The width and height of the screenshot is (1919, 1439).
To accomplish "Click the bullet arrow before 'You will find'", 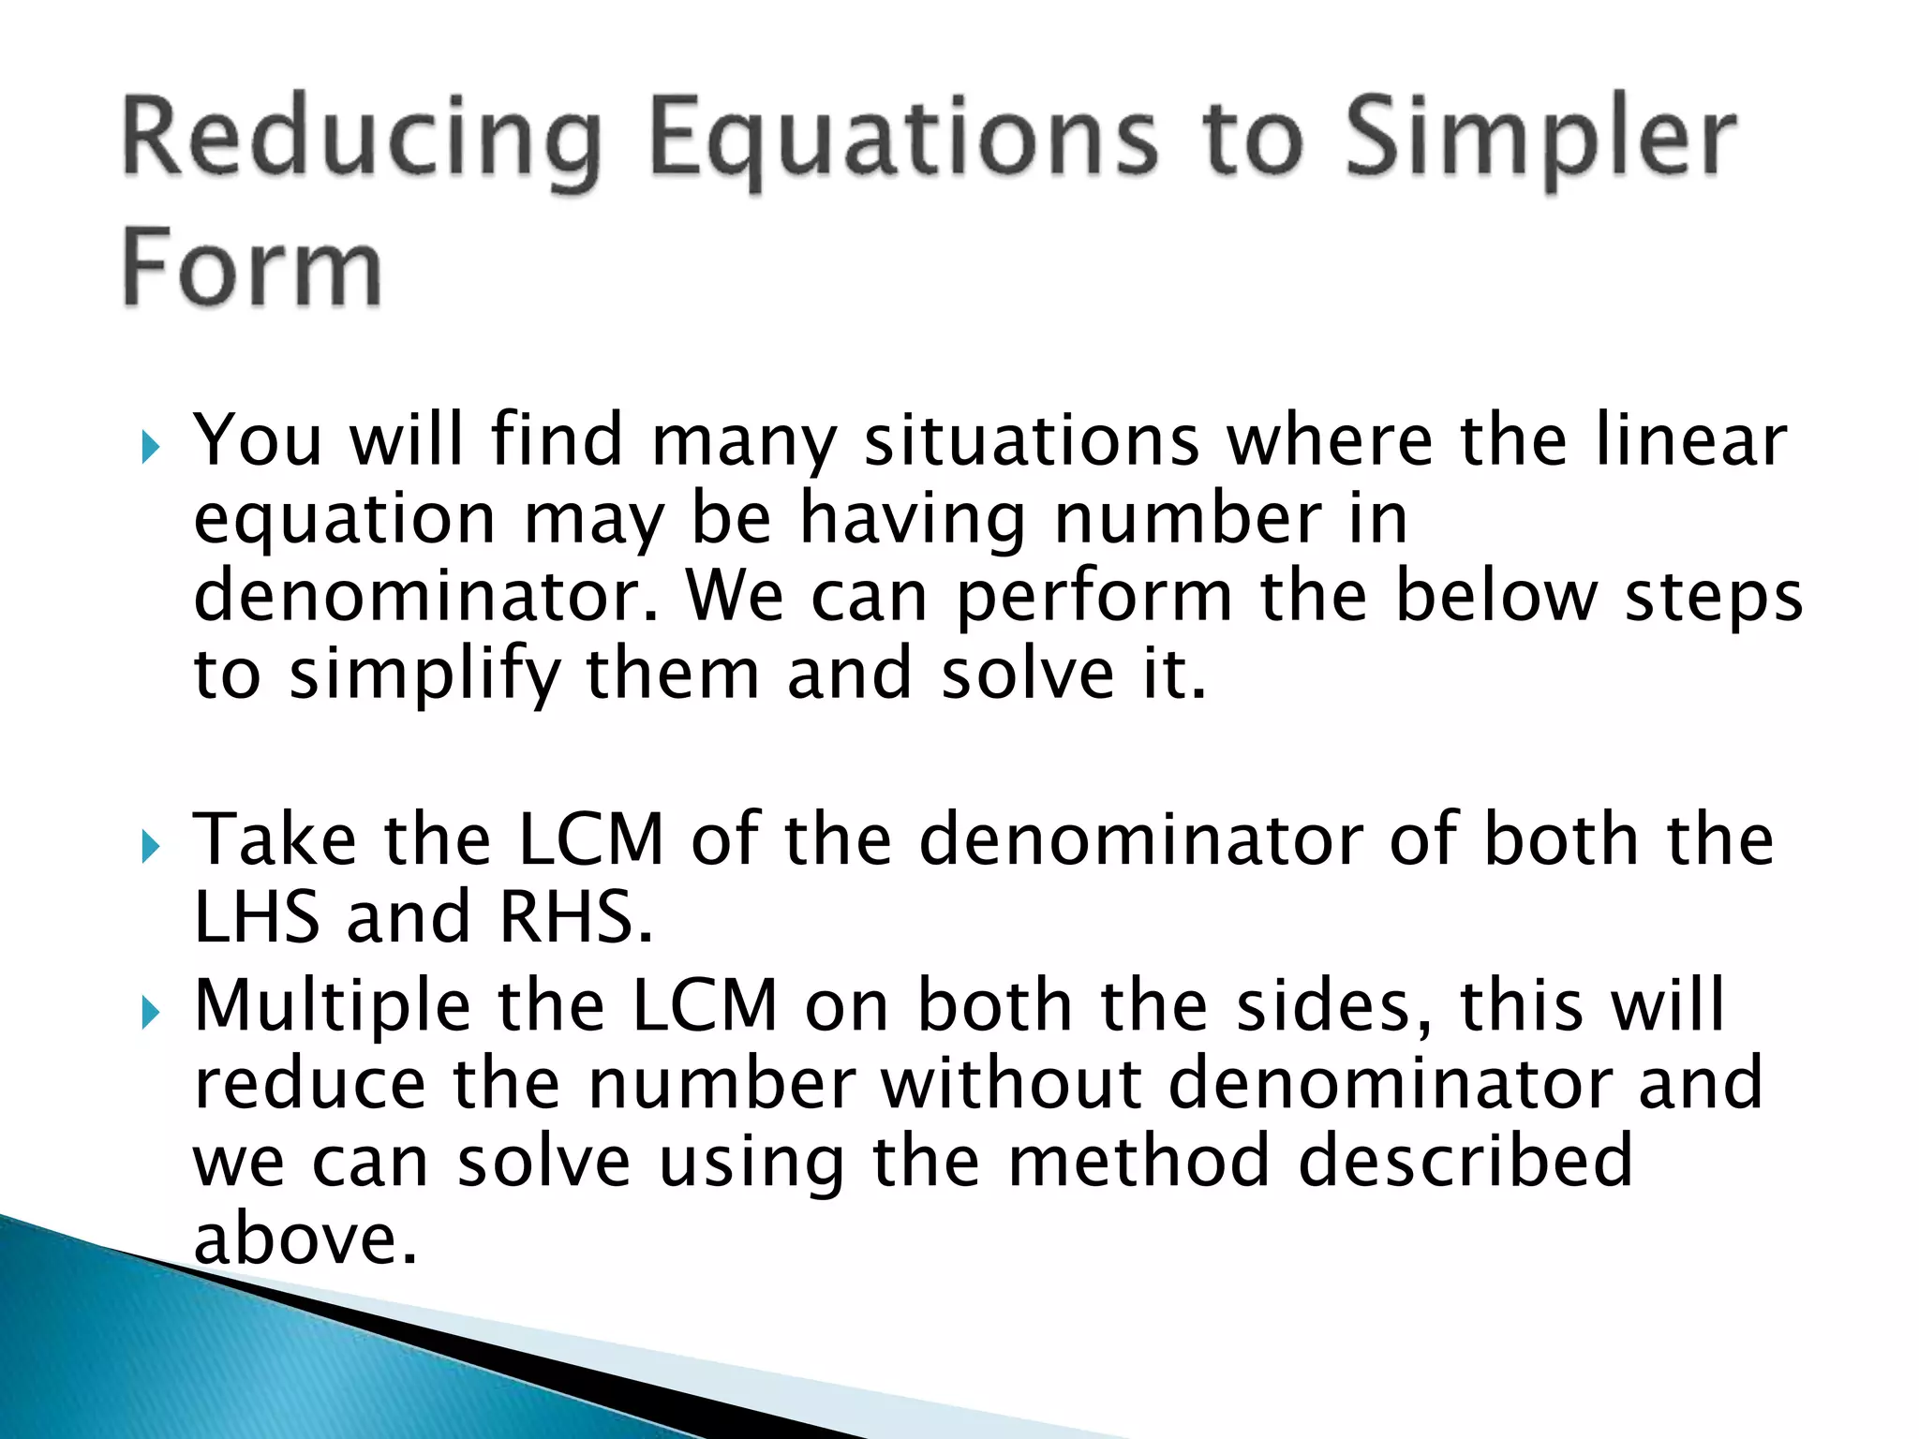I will [150, 447].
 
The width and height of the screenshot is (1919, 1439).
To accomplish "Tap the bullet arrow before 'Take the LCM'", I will [150, 847].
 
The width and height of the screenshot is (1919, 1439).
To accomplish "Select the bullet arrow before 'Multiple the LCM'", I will [150, 1013].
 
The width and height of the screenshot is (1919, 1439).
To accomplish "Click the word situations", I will [1031, 440].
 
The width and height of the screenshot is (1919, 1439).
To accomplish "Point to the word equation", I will [344, 521].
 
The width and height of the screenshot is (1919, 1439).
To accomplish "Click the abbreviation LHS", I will [256, 917].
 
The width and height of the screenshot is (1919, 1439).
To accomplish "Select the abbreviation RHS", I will [574, 917].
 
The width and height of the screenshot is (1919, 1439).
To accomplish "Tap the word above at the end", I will [304, 1239].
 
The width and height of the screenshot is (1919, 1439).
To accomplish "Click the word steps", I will [1713, 599].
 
